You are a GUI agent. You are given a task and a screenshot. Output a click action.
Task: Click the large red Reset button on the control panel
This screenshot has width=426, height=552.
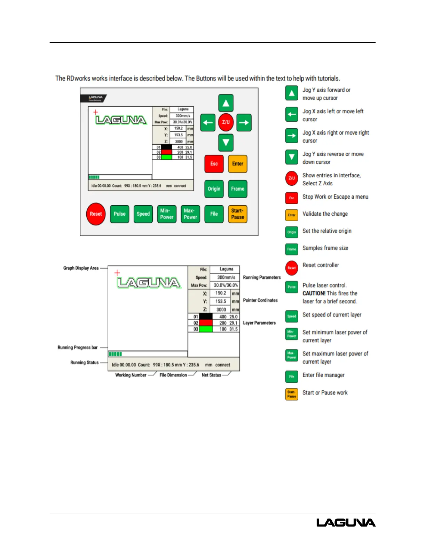(x=96, y=214)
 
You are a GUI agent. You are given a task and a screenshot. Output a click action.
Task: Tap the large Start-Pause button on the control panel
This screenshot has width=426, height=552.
(x=238, y=214)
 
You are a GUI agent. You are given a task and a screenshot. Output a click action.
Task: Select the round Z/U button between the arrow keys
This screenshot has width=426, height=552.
(x=226, y=122)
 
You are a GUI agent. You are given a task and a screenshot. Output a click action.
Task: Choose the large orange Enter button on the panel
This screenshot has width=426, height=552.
(x=238, y=164)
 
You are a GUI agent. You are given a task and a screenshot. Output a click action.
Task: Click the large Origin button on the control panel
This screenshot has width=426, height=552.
(x=214, y=189)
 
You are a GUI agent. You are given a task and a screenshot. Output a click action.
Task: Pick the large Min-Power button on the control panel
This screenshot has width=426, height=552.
(x=167, y=214)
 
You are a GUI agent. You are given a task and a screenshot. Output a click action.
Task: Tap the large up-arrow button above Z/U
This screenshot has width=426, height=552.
(x=226, y=103)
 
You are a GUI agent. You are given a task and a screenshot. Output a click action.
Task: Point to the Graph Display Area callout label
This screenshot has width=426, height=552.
(x=81, y=268)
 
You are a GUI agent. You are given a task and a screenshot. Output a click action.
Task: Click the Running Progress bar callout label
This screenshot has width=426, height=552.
(x=78, y=347)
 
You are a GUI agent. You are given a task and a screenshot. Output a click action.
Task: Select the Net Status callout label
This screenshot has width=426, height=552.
(x=211, y=375)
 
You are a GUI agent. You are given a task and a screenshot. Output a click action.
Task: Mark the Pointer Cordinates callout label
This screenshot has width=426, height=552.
(x=260, y=300)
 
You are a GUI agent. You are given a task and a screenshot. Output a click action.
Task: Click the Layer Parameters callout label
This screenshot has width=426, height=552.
(x=259, y=323)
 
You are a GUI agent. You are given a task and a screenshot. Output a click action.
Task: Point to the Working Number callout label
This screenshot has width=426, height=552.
(x=131, y=375)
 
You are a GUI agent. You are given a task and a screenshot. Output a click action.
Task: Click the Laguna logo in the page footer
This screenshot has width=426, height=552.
(x=346, y=522)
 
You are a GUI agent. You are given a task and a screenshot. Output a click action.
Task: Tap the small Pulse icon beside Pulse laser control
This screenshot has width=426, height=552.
(x=292, y=287)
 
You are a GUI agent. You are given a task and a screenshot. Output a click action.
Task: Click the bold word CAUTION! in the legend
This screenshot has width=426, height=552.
(x=314, y=293)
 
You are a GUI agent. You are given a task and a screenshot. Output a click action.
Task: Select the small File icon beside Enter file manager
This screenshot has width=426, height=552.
(x=292, y=377)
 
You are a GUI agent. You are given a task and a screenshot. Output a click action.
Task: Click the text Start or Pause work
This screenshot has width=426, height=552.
(x=325, y=393)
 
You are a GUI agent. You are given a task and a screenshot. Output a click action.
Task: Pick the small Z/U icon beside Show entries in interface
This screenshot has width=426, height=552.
(x=292, y=178)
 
